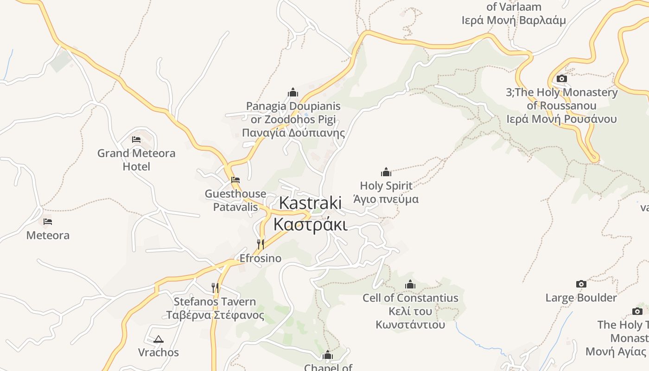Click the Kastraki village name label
[x=310, y=213]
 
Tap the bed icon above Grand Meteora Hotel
[x=136, y=139]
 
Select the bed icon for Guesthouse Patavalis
[x=235, y=180]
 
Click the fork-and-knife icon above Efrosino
[x=261, y=244]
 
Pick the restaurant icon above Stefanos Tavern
[x=215, y=288]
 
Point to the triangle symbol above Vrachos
[x=159, y=339]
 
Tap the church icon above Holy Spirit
[x=386, y=173]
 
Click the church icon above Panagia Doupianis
[x=293, y=93]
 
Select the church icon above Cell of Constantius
[x=410, y=285]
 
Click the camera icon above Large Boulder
[x=581, y=284]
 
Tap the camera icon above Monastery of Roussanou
[x=561, y=79]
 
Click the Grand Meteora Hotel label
[x=136, y=160]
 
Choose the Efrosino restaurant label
[x=261, y=258]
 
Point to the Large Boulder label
[x=581, y=298]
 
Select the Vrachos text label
[x=159, y=352]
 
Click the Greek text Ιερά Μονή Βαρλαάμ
[x=514, y=20]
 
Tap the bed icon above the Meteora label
[x=48, y=222]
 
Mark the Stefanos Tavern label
[x=215, y=301]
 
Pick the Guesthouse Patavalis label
[x=235, y=200]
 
